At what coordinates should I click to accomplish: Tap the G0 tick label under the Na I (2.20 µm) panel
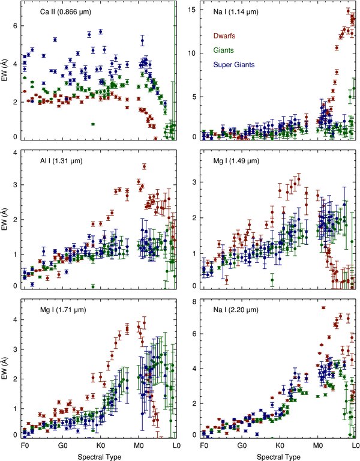242,447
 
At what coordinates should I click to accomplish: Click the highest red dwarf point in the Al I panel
144,166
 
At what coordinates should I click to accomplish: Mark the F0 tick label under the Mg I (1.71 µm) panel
24,447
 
